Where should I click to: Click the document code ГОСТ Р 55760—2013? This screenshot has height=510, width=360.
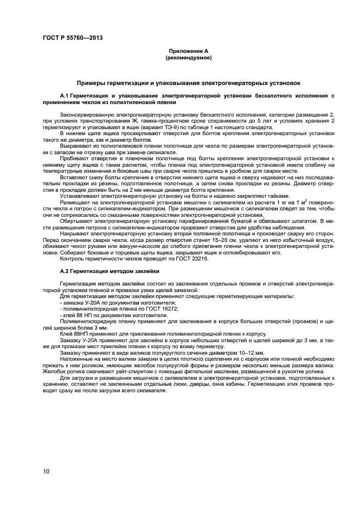pos(72,38)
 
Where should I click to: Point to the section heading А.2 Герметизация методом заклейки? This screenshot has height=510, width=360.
pos(109,271)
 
